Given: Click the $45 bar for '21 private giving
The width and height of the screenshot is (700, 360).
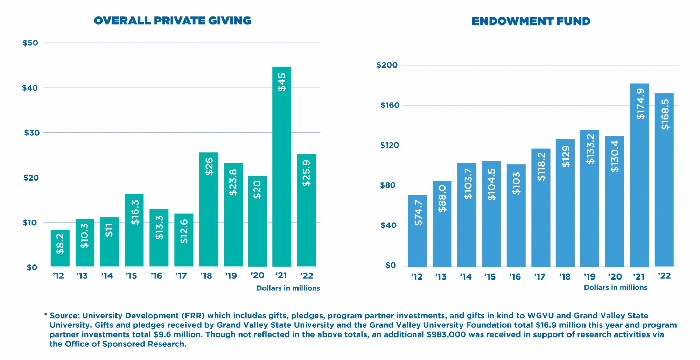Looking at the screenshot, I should coord(281,167).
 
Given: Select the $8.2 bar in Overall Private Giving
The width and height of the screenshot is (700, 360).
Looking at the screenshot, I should coord(60,248).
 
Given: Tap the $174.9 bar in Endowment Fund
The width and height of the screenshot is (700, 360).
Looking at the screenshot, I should coord(639,175).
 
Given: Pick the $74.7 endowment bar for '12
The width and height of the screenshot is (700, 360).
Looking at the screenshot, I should coord(417,231).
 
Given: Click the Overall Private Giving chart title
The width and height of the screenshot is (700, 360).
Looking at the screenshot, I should coord(173,21).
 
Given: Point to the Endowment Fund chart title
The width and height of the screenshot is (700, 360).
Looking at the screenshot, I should coord(531,21).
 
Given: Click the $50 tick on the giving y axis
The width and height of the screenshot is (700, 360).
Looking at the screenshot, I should coord(30,43).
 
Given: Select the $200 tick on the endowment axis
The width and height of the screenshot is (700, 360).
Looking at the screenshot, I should coord(387,65).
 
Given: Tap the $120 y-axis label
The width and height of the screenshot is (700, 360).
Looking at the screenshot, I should coord(390,146).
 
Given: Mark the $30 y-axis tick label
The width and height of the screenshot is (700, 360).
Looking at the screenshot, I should coord(31,133).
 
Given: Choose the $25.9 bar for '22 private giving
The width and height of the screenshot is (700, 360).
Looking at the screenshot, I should coord(306,210).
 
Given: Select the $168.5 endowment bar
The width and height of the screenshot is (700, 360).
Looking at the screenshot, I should coord(664,180).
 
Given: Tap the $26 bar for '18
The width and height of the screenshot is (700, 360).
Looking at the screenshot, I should coord(209,209).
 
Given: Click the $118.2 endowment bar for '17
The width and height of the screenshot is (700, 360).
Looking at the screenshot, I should coord(540,207).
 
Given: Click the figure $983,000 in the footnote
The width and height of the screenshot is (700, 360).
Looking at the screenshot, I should coord(446,335).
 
